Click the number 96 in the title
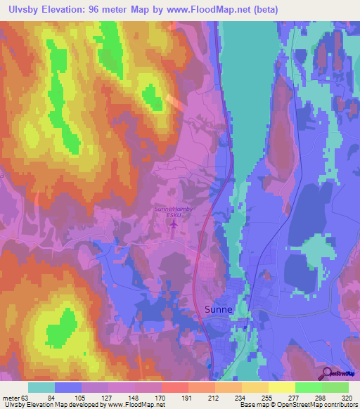[97, 10]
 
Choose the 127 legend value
[94, 397]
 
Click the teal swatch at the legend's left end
[41, 387]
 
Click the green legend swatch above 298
[308, 387]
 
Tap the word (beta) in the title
[266, 10]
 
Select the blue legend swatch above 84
[68, 387]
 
